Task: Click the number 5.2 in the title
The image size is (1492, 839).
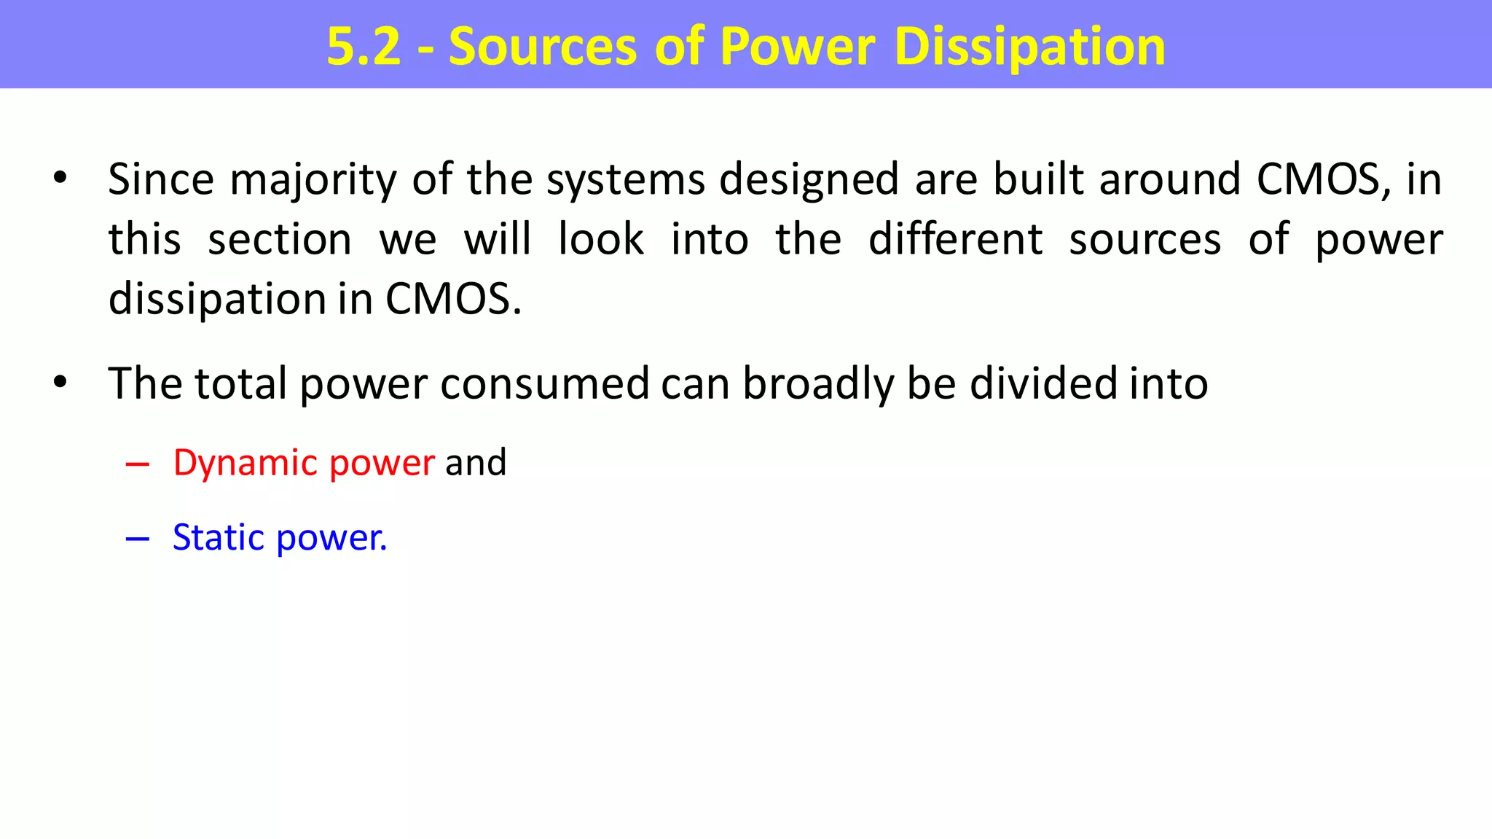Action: [x=364, y=47]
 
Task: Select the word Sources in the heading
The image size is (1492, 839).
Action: [x=543, y=47]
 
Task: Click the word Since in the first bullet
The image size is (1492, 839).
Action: [x=161, y=179]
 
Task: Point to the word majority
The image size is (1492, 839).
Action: [x=313, y=179]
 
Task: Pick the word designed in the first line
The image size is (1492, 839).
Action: [x=809, y=179]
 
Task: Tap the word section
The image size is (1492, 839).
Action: [x=280, y=239]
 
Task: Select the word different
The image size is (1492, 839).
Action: [x=955, y=239]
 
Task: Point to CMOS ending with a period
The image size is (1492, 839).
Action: [x=452, y=299]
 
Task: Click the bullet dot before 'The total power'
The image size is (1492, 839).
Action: [x=60, y=381]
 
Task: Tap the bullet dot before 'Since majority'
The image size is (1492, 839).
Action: [x=60, y=177]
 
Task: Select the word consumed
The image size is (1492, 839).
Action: [x=544, y=384]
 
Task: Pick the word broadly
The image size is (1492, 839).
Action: [x=817, y=384]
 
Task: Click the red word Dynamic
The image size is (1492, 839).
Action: [x=246, y=463]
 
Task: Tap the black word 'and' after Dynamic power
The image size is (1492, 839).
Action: [x=476, y=463]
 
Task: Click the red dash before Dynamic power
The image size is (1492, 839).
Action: [x=137, y=464]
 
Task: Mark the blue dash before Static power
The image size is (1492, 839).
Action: [x=137, y=539]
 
